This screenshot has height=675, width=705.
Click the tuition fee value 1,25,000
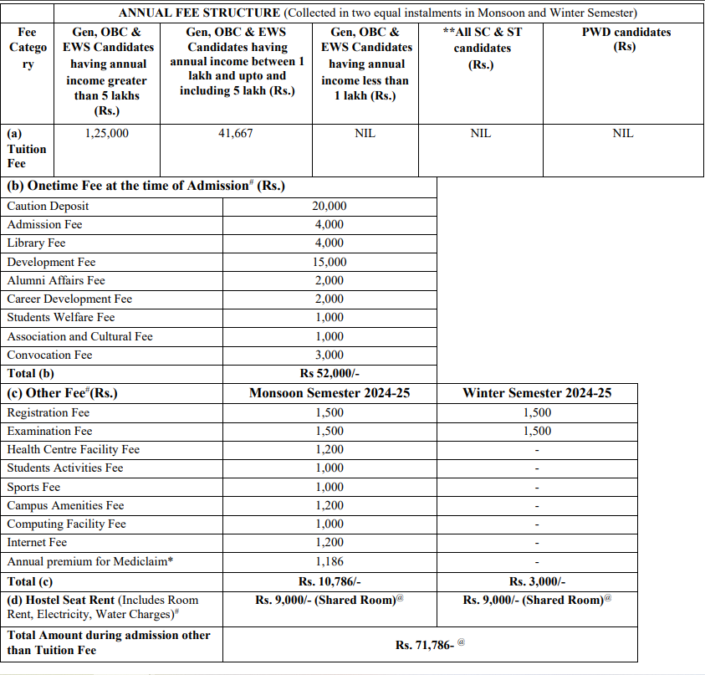tap(107, 133)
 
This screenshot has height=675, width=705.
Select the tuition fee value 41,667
tap(235, 133)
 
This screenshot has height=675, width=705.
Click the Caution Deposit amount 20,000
tap(330, 206)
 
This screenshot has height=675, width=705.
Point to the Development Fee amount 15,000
tap(330, 262)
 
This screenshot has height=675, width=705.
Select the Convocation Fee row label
tap(49, 355)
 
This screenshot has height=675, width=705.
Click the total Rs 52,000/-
tap(330, 374)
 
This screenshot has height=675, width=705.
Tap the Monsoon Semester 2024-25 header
tap(330, 393)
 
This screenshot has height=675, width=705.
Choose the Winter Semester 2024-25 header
tap(537, 393)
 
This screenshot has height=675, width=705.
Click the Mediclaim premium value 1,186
tap(330, 561)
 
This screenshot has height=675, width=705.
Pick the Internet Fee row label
tap(37, 543)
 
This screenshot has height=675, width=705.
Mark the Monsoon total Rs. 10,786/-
tap(330, 581)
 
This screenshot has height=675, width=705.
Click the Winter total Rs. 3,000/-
tap(537, 581)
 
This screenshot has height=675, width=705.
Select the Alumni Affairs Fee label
tap(56, 280)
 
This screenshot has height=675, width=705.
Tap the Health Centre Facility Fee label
tap(73, 449)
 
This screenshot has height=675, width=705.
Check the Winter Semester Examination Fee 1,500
tap(537, 431)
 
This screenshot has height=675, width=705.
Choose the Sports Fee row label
tap(33, 487)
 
